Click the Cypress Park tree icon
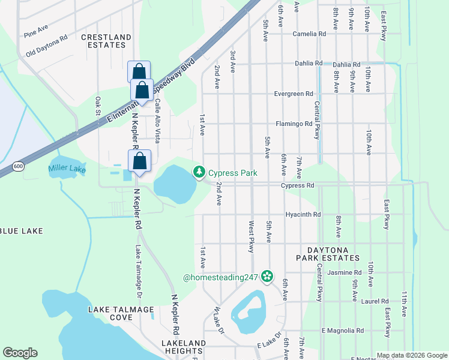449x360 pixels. [x=199, y=172]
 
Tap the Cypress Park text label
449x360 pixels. [x=233, y=173]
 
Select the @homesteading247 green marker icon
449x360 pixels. [x=267, y=277]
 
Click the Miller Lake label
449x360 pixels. [x=67, y=169]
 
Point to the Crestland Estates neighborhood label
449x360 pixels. [x=106, y=41]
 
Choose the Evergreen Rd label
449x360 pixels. [x=294, y=94]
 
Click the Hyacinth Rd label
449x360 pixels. [x=303, y=214]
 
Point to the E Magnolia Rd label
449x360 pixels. [x=343, y=331]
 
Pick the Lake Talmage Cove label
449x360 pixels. [x=121, y=313]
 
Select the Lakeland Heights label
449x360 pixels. [x=184, y=347]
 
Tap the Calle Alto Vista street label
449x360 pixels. [x=157, y=121]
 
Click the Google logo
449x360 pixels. [x=20, y=353]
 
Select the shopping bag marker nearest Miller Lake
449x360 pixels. [x=139, y=161]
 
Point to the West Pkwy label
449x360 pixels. [x=252, y=236]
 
